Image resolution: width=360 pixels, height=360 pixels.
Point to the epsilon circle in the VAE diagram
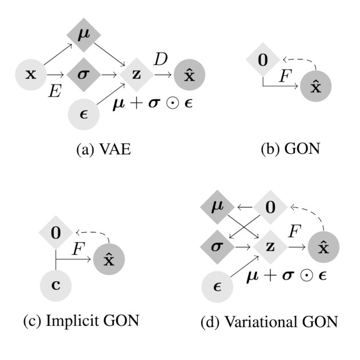coord(83,112)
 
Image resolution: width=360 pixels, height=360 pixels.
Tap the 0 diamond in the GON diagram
coord(262,59)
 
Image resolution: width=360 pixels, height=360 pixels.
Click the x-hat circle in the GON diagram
coord(316,87)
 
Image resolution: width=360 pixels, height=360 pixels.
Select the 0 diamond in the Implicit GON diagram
coord(55,233)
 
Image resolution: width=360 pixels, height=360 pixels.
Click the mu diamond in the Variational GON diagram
coord(215,204)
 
